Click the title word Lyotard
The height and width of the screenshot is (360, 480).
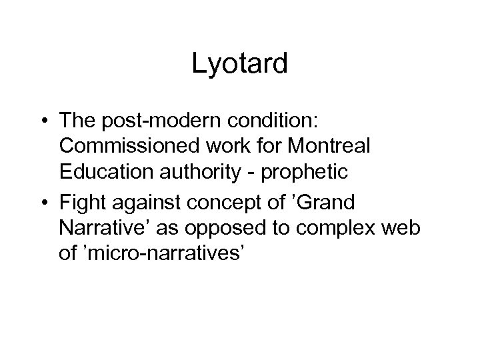(x=239, y=64)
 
